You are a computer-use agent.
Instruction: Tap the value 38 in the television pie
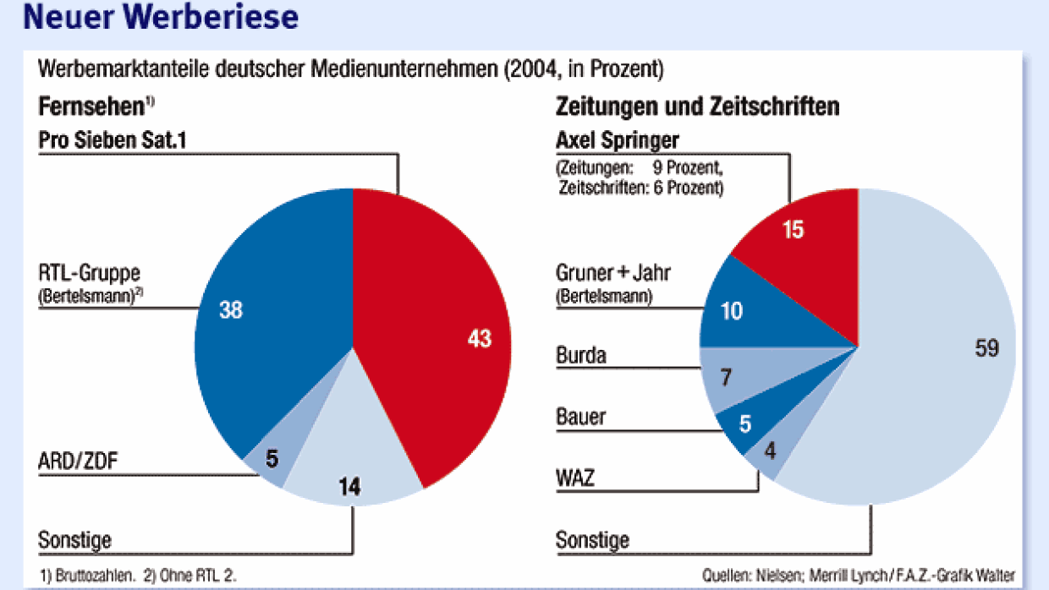click(230, 310)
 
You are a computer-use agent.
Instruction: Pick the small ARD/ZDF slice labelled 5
click(269, 460)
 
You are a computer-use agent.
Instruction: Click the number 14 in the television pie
click(350, 486)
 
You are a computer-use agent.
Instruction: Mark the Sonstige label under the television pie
click(74, 538)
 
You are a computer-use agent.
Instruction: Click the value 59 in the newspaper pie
click(986, 347)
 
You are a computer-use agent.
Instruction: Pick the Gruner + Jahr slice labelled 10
click(733, 310)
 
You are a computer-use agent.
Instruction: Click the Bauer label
click(580, 417)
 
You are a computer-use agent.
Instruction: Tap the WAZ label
click(575, 478)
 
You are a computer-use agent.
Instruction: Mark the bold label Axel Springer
click(618, 139)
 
